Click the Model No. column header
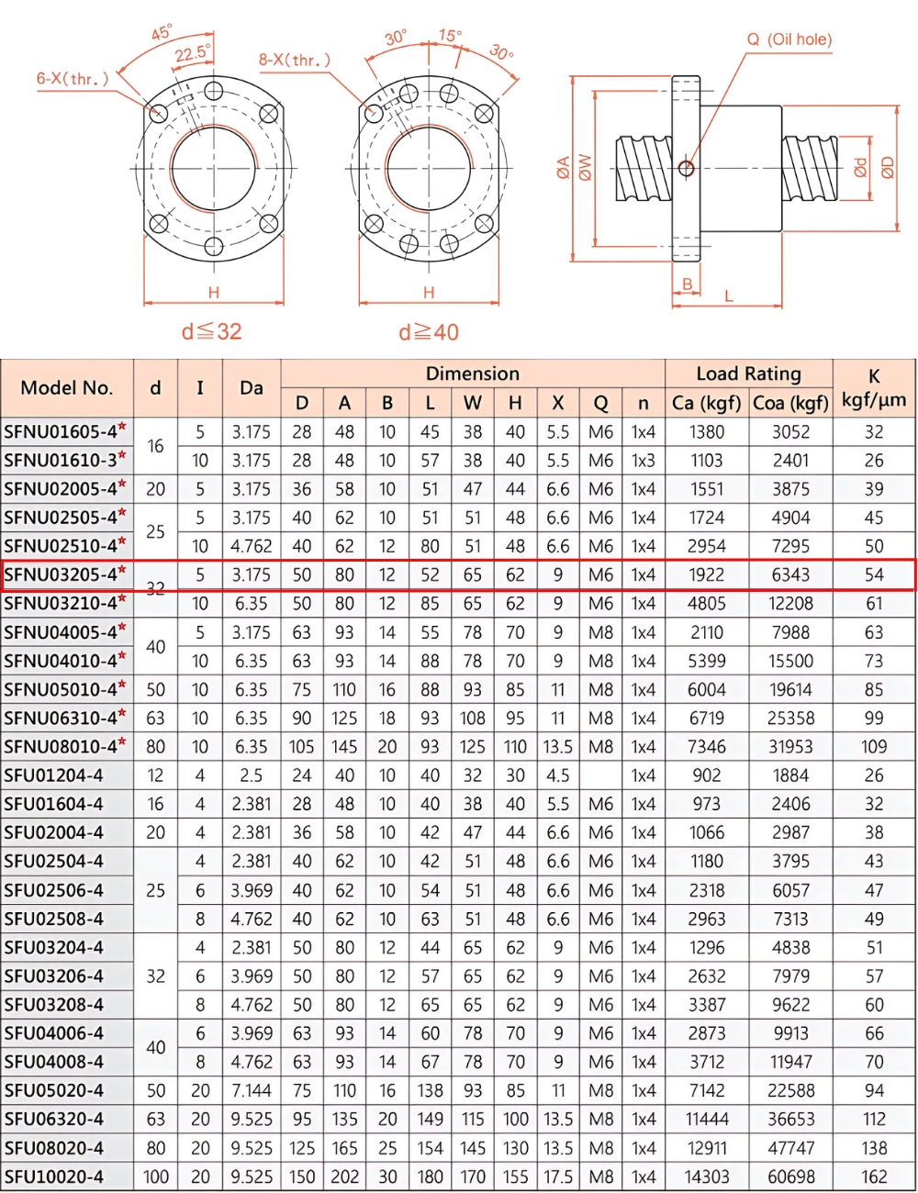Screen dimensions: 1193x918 coord(67,388)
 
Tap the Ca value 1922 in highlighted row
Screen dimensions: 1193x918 coord(706,575)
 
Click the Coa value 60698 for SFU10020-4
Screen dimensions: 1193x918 coord(790,1176)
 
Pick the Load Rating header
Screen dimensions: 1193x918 coord(748,374)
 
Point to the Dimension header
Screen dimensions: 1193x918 coord(472,374)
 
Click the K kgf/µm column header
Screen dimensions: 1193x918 coord(873,388)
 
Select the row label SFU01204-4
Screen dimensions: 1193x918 coord(53,775)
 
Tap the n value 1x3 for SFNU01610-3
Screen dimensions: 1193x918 coord(643,461)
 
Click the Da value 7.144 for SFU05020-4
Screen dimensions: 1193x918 coord(251,1091)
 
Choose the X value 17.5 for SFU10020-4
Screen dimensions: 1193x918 coord(557,1176)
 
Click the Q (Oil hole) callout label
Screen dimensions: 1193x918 coord(789,39)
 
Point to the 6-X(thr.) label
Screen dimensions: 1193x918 coord(73,79)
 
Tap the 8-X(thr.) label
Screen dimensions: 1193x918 coord(294,61)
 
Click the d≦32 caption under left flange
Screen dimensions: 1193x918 coord(211,331)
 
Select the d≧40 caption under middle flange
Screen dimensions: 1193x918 coord(428,332)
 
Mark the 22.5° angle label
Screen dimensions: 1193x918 coord(193,54)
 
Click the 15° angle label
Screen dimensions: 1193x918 coord(450,36)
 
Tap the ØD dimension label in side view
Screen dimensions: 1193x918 coord(887,168)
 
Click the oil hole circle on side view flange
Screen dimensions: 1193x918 coord(686,168)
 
